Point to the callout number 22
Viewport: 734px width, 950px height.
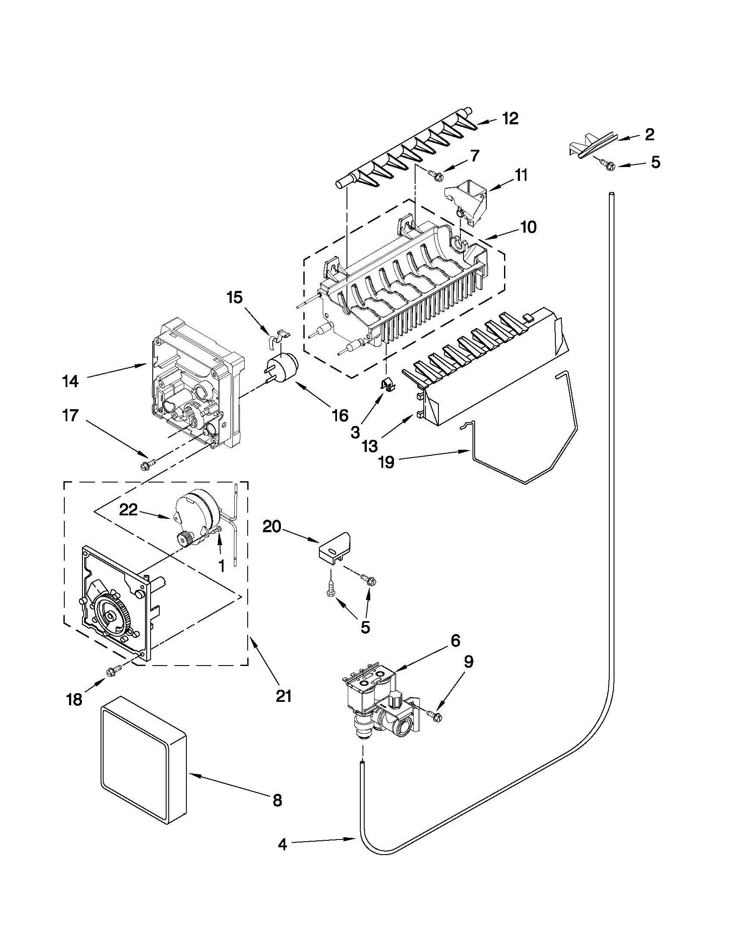click(x=129, y=509)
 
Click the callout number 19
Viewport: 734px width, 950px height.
click(x=386, y=462)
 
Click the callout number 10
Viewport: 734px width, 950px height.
click(x=528, y=227)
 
